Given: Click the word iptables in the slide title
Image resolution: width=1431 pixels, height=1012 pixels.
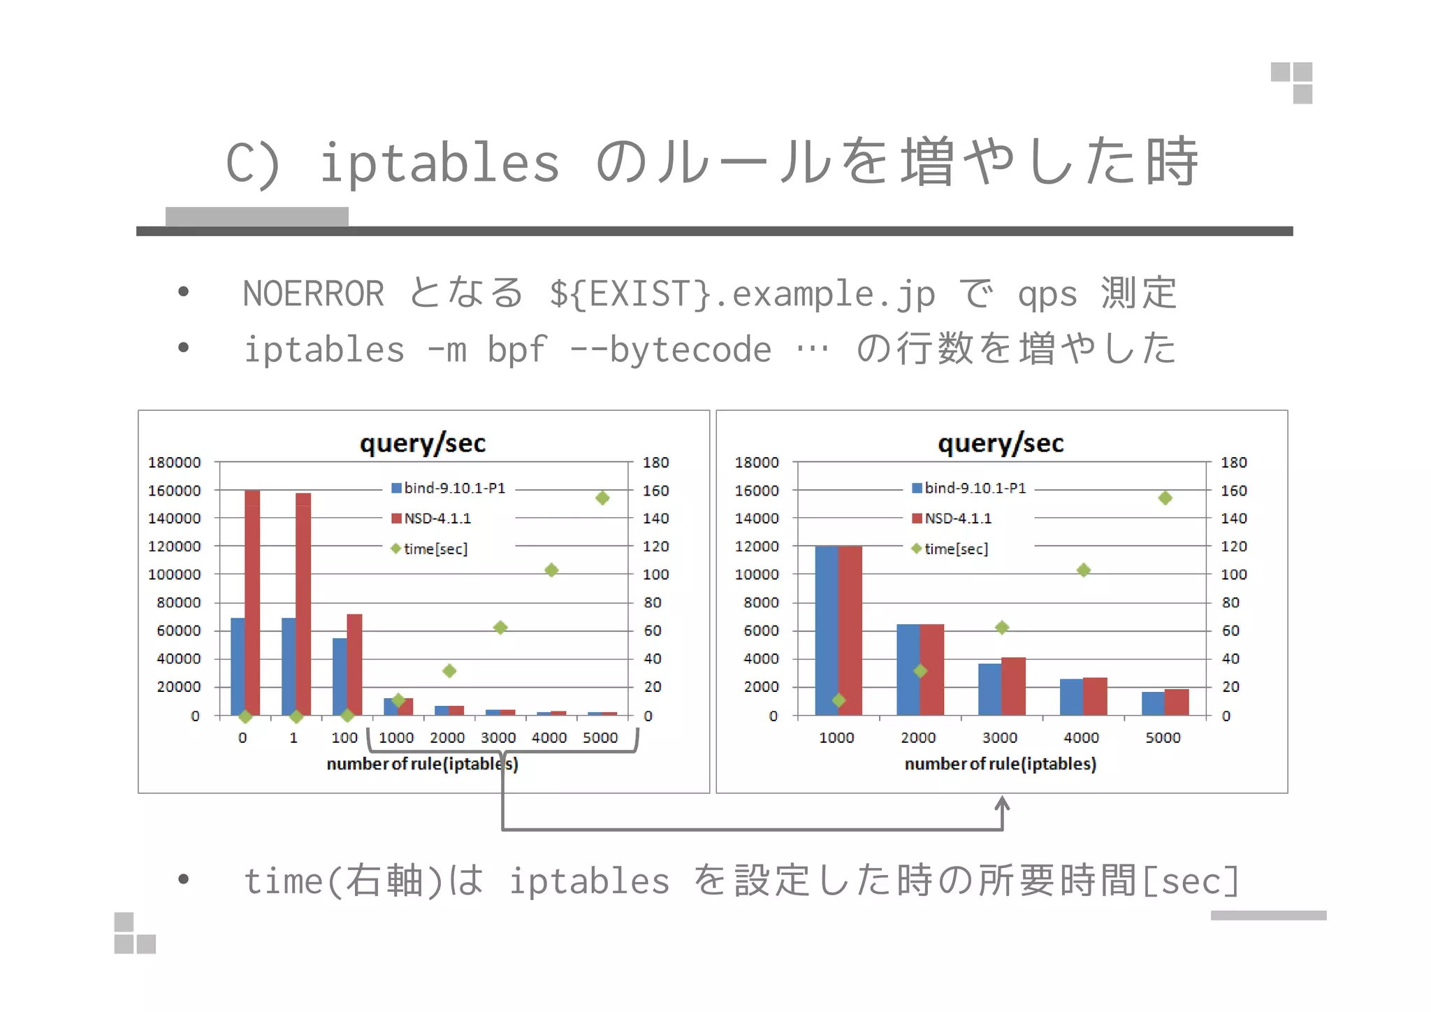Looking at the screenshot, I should (x=439, y=162).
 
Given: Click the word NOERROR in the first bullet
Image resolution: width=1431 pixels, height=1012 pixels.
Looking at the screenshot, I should (x=313, y=293).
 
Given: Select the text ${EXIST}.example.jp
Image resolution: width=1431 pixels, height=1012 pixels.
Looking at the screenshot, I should (x=741, y=293).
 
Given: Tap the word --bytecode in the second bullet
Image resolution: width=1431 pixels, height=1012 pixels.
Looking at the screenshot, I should (x=670, y=349).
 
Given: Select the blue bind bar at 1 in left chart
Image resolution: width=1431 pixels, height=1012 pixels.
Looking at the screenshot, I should (x=289, y=665).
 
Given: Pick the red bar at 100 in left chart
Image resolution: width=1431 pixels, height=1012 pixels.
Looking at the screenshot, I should (x=354, y=664).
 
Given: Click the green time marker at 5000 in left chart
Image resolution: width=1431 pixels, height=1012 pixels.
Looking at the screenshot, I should (x=602, y=498).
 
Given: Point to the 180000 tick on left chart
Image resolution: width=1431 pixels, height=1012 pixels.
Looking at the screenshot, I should (x=174, y=462).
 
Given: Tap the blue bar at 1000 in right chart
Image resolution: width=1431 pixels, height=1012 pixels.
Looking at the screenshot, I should (x=826, y=629).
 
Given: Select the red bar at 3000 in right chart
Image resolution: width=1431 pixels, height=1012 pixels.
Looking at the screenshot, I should (x=1013, y=686).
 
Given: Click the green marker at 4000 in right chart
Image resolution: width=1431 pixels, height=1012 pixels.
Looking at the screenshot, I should (x=1083, y=570).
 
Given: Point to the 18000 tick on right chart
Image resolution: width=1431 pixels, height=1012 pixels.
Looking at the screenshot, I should (x=757, y=462).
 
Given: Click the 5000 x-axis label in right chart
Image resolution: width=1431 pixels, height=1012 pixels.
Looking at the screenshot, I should (x=1163, y=737).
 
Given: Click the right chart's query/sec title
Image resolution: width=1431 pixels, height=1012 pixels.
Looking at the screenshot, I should (x=1001, y=443).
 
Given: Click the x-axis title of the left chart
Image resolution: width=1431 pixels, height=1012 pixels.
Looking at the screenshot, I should (x=422, y=764).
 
